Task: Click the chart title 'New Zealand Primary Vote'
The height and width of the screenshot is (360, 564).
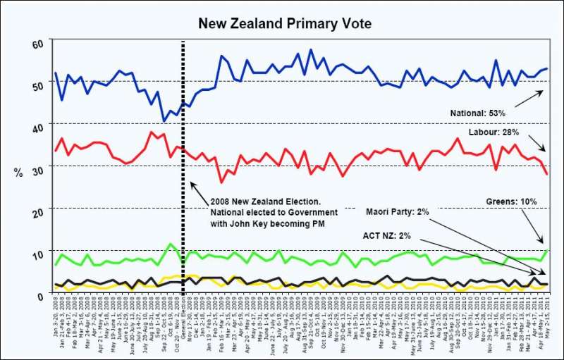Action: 285,24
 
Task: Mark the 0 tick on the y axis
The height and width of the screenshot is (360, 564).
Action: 40,294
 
